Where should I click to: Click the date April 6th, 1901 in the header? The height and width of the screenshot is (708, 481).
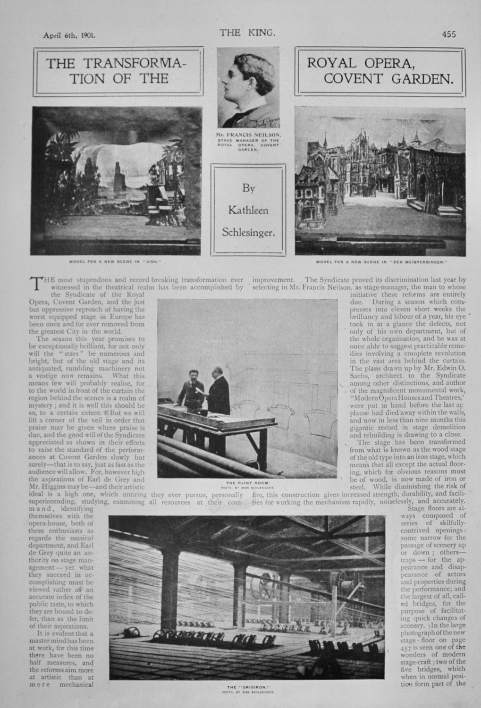click(x=68, y=34)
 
